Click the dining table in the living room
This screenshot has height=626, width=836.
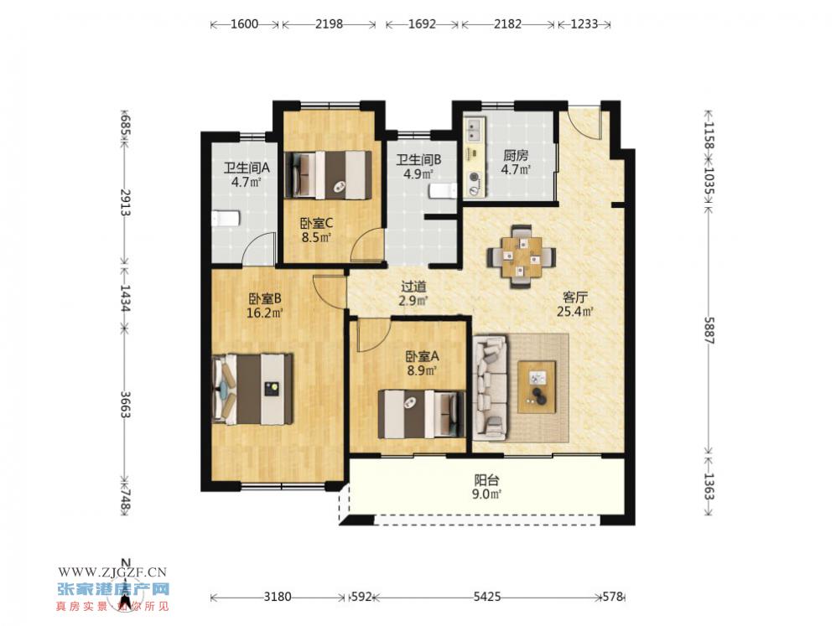[x=522, y=257]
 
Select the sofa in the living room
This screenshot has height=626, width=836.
[x=490, y=387]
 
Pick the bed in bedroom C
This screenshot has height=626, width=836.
[x=328, y=175]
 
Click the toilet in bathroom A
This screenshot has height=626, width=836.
[x=226, y=219]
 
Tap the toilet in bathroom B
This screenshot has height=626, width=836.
[x=444, y=191]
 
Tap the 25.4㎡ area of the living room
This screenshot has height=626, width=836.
[x=574, y=312]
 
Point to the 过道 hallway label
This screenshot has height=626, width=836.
[x=413, y=287]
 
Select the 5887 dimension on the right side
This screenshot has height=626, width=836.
[x=709, y=330]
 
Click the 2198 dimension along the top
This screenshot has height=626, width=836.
[x=329, y=24]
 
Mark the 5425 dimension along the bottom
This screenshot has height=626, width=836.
[x=487, y=597]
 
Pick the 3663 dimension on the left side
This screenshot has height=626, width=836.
[x=125, y=405]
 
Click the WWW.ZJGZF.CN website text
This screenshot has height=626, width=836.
[x=112, y=572]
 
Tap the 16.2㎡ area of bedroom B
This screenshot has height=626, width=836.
[x=264, y=313]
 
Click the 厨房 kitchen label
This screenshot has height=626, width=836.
[x=516, y=156]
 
